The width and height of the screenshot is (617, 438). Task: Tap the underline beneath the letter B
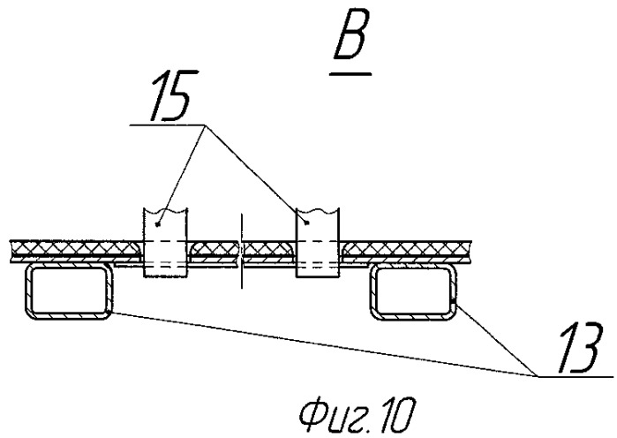click(x=350, y=73)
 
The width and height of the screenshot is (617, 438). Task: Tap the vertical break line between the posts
click(x=242, y=251)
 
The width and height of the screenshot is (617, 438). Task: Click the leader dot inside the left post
click(x=157, y=224)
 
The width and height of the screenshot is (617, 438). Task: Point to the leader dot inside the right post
click(x=307, y=223)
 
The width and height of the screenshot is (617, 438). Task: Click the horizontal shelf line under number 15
click(x=168, y=125)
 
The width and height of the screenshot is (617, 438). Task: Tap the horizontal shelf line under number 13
click(x=576, y=377)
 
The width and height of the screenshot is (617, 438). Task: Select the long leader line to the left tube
click(x=323, y=344)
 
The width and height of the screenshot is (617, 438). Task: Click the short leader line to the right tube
click(x=496, y=339)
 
